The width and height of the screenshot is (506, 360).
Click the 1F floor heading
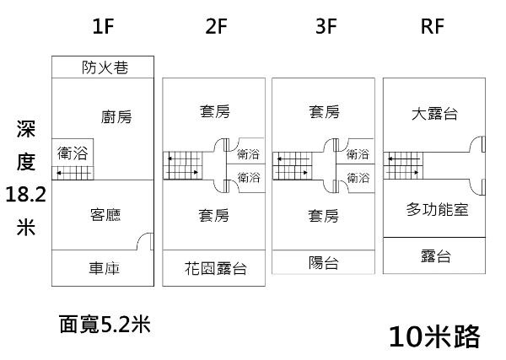tap(103, 26)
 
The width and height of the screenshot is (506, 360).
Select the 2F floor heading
tap(216, 26)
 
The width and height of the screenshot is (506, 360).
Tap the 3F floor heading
tap(326, 26)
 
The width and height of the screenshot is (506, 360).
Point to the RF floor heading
tap(432, 26)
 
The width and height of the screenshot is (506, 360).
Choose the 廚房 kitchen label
tap(116, 116)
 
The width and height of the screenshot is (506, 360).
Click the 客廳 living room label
tap(105, 214)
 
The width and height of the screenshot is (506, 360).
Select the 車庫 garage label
tap(105, 269)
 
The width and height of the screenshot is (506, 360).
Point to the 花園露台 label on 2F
tap(215, 269)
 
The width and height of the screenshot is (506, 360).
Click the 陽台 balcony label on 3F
tap(324, 263)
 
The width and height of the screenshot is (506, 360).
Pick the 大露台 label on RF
tap(435, 114)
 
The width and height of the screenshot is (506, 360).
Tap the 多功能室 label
tap(436, 209)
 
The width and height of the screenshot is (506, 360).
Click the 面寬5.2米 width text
tap(105, 323)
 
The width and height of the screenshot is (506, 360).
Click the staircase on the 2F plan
tap(184, 164)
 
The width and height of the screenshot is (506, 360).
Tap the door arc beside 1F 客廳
tap(145, 240)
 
